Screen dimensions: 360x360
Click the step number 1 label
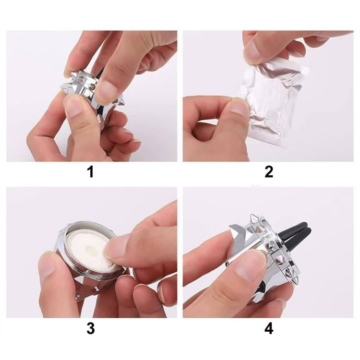[x=91, y=172]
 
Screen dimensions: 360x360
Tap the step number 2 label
[x=269, y=172]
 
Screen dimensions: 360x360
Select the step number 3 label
[x=91, y=328]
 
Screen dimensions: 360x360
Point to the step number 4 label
[x=269, y=328]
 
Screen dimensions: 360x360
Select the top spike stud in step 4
[x=254, y=218]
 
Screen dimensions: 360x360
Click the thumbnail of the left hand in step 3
[x=47, y=264]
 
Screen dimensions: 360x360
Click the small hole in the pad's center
[x=89, y=249]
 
